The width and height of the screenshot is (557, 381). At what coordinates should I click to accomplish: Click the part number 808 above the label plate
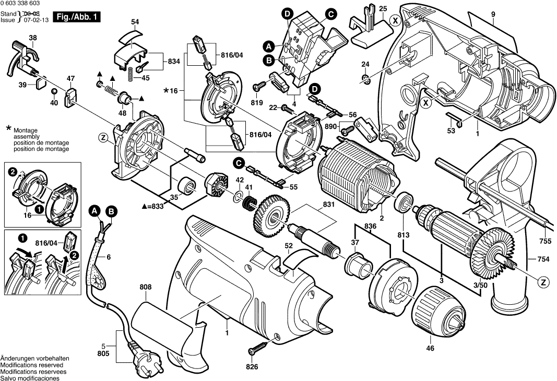[146, 287]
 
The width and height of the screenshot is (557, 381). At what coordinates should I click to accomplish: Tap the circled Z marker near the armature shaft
[543, 282]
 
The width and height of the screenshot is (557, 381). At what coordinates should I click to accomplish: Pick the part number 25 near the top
[383, 8]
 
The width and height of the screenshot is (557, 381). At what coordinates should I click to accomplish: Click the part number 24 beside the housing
[365, 64]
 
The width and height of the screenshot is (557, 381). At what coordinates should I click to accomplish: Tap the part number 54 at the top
[135, 22]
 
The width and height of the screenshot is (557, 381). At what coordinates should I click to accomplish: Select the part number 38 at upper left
[33, 38]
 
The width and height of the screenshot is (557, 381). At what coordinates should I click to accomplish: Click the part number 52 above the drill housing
[288, 245]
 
